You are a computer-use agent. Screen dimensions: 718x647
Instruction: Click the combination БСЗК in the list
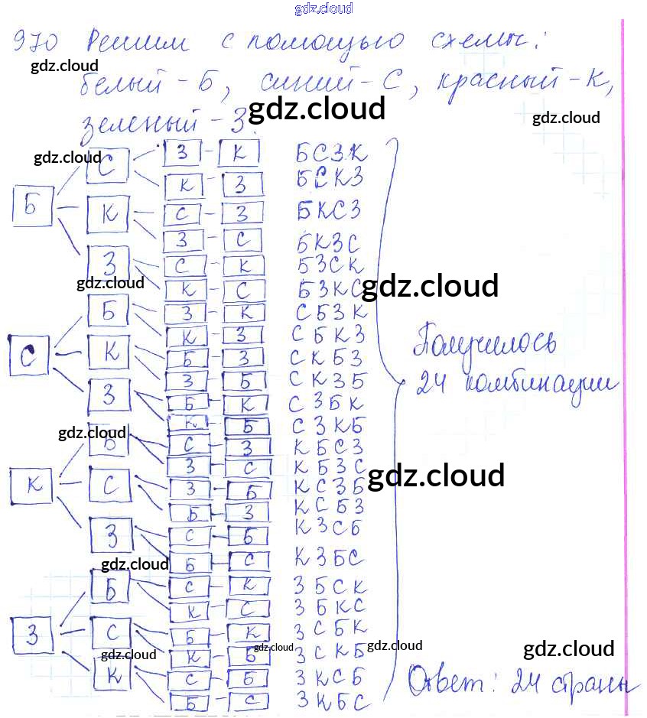click(x=330, y=155)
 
